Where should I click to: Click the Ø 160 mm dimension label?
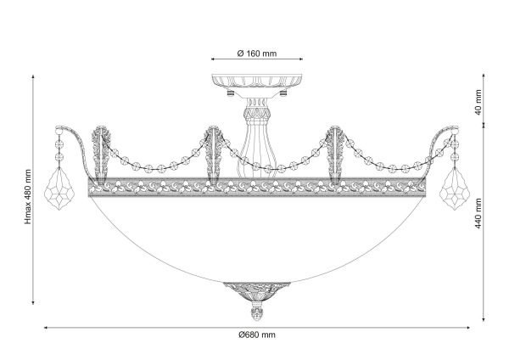pyautogui.click(x=257, y=53)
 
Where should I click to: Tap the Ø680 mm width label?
pyautogui.click(x=257, y=335)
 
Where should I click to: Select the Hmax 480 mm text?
pyautogui.click(x=28, y=197)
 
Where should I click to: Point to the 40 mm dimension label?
pyautogui.click(x=478, y=103)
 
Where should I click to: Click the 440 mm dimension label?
pyautogui.click(x=478, y=213)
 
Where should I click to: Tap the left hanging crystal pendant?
pyautogui.click(x=59, y=188)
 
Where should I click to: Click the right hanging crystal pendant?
pyautogui.click(x=455, y=188)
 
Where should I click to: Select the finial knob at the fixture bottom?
pyautogui.click(x=256, y=311)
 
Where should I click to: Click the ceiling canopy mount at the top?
pyautogui.click(x=257, y=81)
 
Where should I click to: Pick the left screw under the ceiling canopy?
pyautogui.click(x=231, y=93)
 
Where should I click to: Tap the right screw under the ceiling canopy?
pyautogui.click(x=283, y=93)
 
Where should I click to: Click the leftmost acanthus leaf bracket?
pyautogui.click(x=102, y=155)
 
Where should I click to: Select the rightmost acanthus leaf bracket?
pyautogui.click(x=335, y=155)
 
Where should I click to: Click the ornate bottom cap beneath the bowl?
pyautogui.click(x=256, y=291)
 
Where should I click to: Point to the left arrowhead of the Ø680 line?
pyautogui.click(x=46, y=328)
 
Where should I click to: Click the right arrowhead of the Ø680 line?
pyautogui.click(x=467, y=328)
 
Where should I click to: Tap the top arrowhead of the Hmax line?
pyautogui.click(x=33, y=76)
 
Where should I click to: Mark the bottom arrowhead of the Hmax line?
pyautogui.click(x=33, y=302)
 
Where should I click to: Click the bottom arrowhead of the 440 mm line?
pyautogui.click(x=484, y=319)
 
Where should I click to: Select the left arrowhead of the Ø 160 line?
pyautogui.click(x=213, y=59)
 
